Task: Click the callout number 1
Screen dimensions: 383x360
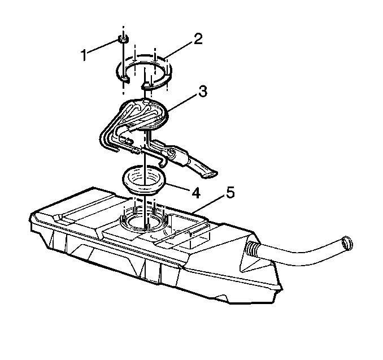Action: pyautogui.click(x=84, y=55)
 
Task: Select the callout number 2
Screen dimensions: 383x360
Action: pyautogui.click(x=198, y=39)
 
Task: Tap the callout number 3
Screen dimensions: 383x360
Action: pyautogui.click(x=202, y=92)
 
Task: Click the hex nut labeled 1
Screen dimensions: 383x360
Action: pyautogui.click(x=123, y=39)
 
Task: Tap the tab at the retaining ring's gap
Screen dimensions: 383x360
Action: pyautogui.click(x=148, y=85)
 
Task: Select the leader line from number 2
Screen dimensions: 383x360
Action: pyautogui.click(x=179, y=51)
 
